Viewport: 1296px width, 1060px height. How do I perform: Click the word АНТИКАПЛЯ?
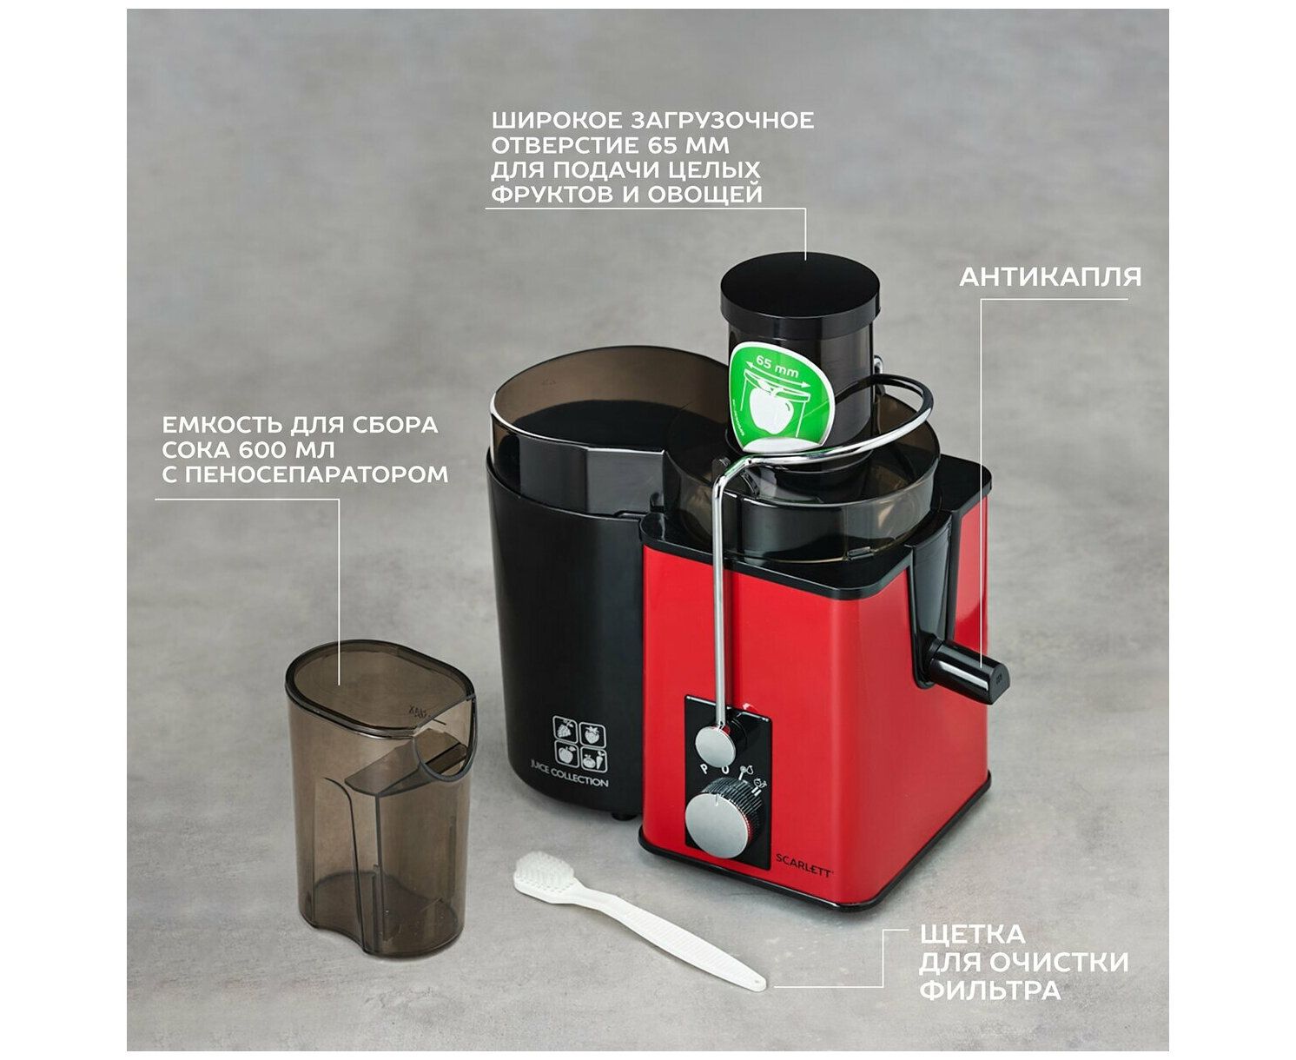1049,277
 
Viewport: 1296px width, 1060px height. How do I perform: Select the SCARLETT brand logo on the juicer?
803,873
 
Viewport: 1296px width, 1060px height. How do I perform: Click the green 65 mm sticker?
780,396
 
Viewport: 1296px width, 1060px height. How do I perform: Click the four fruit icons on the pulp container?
579,743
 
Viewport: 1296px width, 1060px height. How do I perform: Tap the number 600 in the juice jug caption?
263,450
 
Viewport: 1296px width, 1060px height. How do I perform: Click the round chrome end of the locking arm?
715,746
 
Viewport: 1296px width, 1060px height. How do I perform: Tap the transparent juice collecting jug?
379,798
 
